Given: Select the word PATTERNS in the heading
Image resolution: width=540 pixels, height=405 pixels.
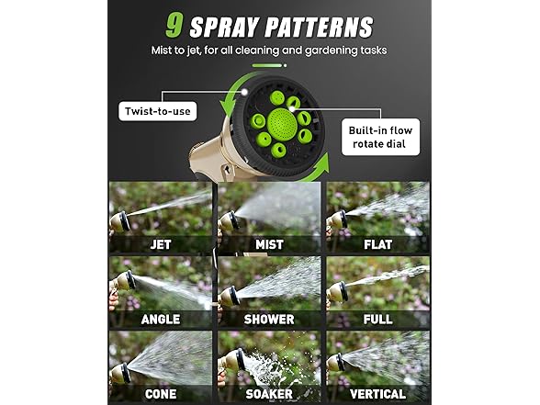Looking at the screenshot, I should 321,26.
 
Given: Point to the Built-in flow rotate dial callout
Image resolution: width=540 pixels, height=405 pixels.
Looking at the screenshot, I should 381,137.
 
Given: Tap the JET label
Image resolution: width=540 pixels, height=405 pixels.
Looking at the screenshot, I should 160,245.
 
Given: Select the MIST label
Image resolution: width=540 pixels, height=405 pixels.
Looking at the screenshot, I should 269,245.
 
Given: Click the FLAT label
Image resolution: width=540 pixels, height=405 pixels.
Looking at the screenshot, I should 378,245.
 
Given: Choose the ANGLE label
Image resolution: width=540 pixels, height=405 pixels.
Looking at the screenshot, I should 160,320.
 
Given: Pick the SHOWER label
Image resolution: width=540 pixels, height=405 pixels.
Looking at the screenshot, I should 269,320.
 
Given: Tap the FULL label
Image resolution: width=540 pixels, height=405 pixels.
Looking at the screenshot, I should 378,320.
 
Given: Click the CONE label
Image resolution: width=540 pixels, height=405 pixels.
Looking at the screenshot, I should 160,394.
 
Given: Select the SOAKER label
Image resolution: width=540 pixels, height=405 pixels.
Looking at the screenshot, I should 269,394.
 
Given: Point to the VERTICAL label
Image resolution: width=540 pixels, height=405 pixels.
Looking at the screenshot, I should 378,394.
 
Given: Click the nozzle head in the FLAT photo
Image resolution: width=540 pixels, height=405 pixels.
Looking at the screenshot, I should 340,219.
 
